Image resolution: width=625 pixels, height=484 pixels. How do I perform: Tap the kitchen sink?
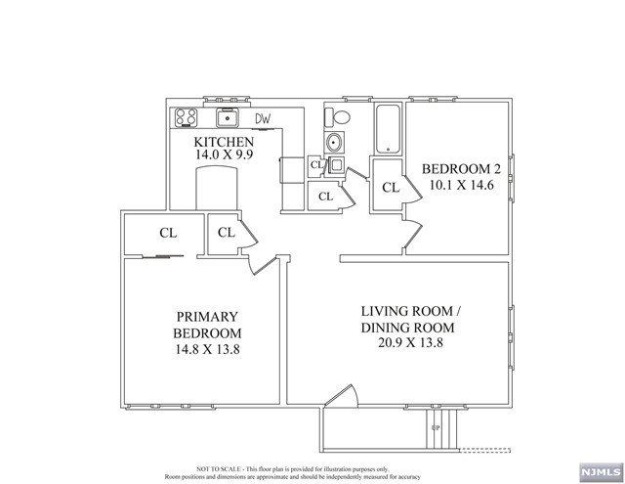(x=227, y=118)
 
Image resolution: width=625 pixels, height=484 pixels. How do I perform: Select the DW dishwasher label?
(x=263, y=119)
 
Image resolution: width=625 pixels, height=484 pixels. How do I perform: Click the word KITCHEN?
(x=224, y=142)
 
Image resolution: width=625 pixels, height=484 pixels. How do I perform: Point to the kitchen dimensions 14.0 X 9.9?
(x=224, y=155)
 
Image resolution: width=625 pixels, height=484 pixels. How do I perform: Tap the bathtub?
(x=388, y=128)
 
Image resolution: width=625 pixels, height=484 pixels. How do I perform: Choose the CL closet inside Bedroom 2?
(x=390, y=188)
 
